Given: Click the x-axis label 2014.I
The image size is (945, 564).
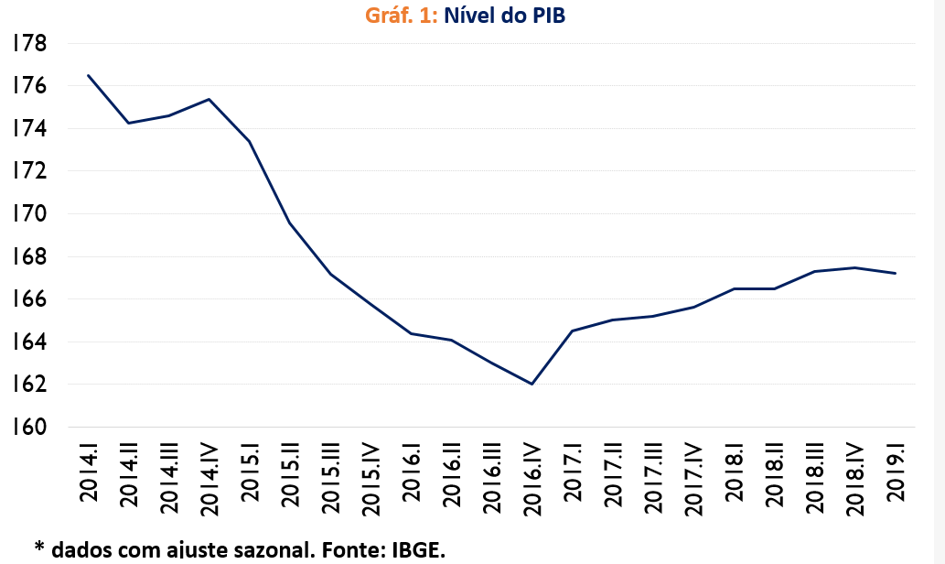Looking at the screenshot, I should click(89, 471).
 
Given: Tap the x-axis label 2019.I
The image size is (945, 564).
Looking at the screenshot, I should click(896, 471).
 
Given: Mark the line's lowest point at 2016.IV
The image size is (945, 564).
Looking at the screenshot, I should click(532, 384).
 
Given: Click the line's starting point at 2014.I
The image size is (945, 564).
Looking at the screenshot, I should click(89, 75).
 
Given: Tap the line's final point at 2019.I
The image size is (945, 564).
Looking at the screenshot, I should click(895, 273).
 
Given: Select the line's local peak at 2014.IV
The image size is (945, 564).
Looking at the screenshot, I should click(209, 99).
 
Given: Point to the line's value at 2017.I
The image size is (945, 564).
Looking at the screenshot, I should click(572, 331).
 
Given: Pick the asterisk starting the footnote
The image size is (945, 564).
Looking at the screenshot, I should click(39, 548).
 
